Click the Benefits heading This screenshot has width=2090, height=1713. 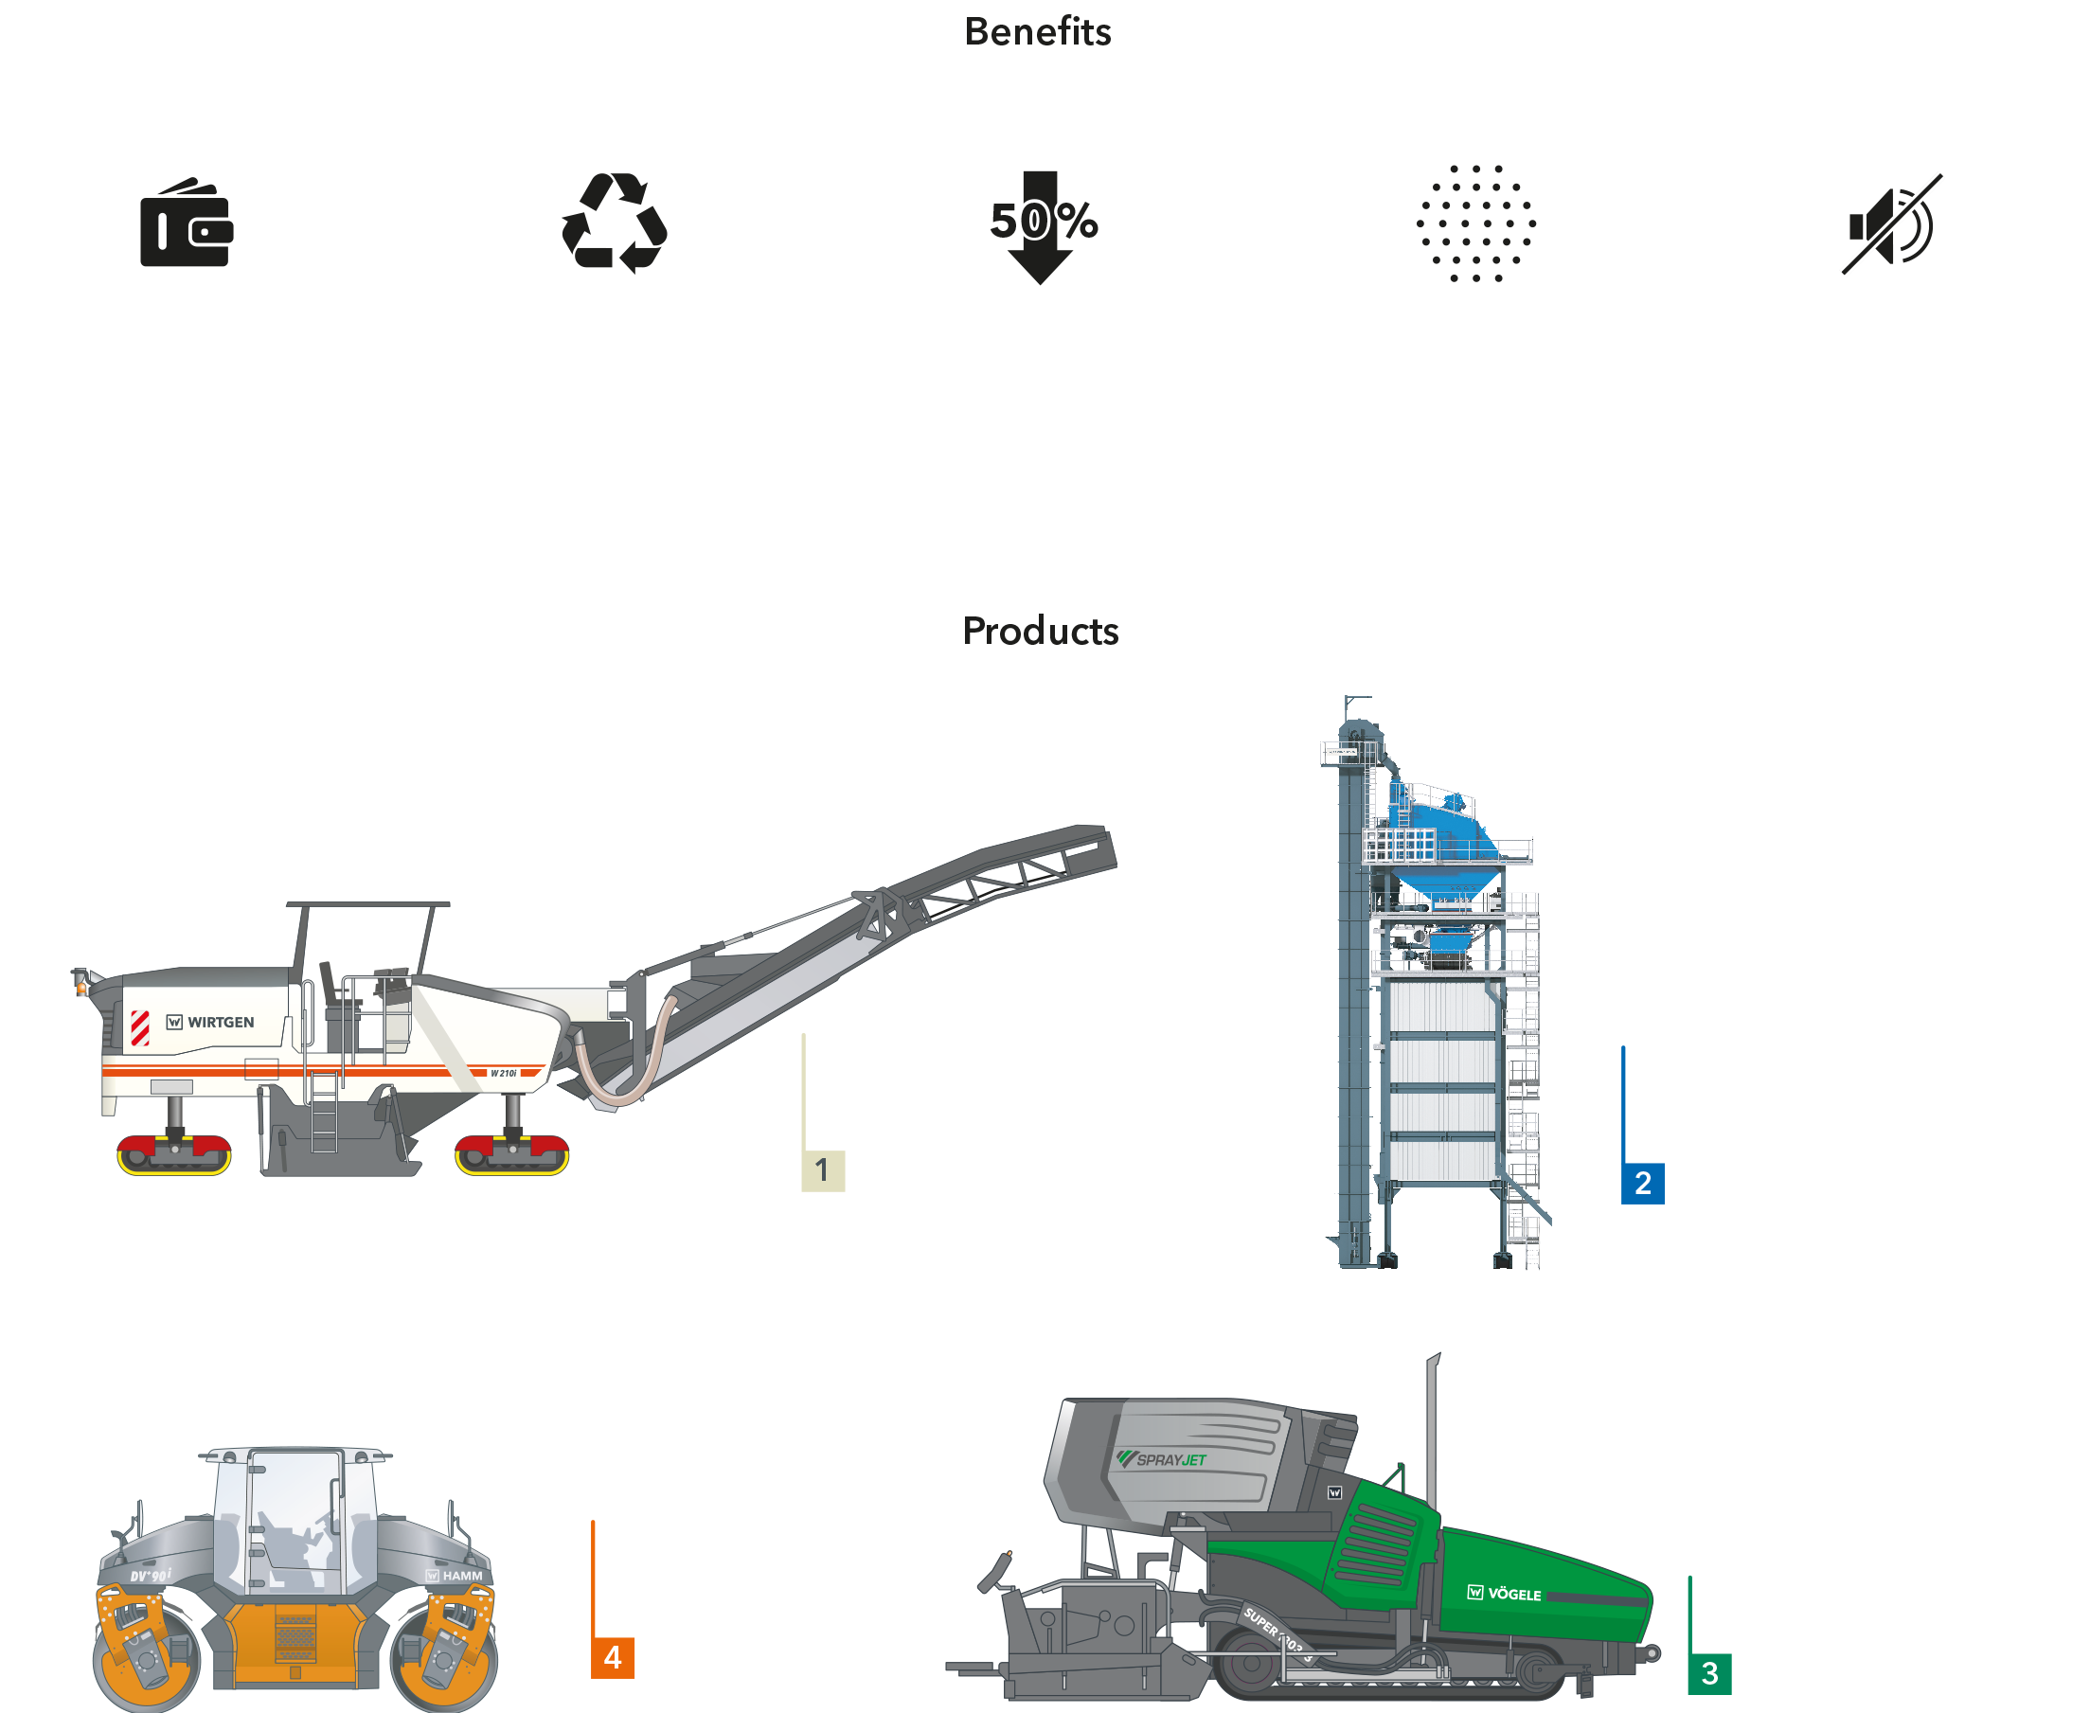point(1037,31)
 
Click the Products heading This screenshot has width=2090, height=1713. point(1040,631)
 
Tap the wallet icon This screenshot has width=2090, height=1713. point(187,224)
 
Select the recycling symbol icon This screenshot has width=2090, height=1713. point(614,224)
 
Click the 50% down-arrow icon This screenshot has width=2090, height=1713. point(1040,224)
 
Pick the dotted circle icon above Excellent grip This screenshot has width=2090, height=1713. point(1475,224)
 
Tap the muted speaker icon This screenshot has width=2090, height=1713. point(1892,224)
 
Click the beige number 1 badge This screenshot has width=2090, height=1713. point(822,1170)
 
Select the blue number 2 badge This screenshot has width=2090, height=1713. point(1642,1183)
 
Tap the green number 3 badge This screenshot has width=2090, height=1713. point(1709,1672)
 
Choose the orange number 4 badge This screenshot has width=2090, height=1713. point(612,1658)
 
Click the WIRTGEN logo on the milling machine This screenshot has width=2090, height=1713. point(210,1023)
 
